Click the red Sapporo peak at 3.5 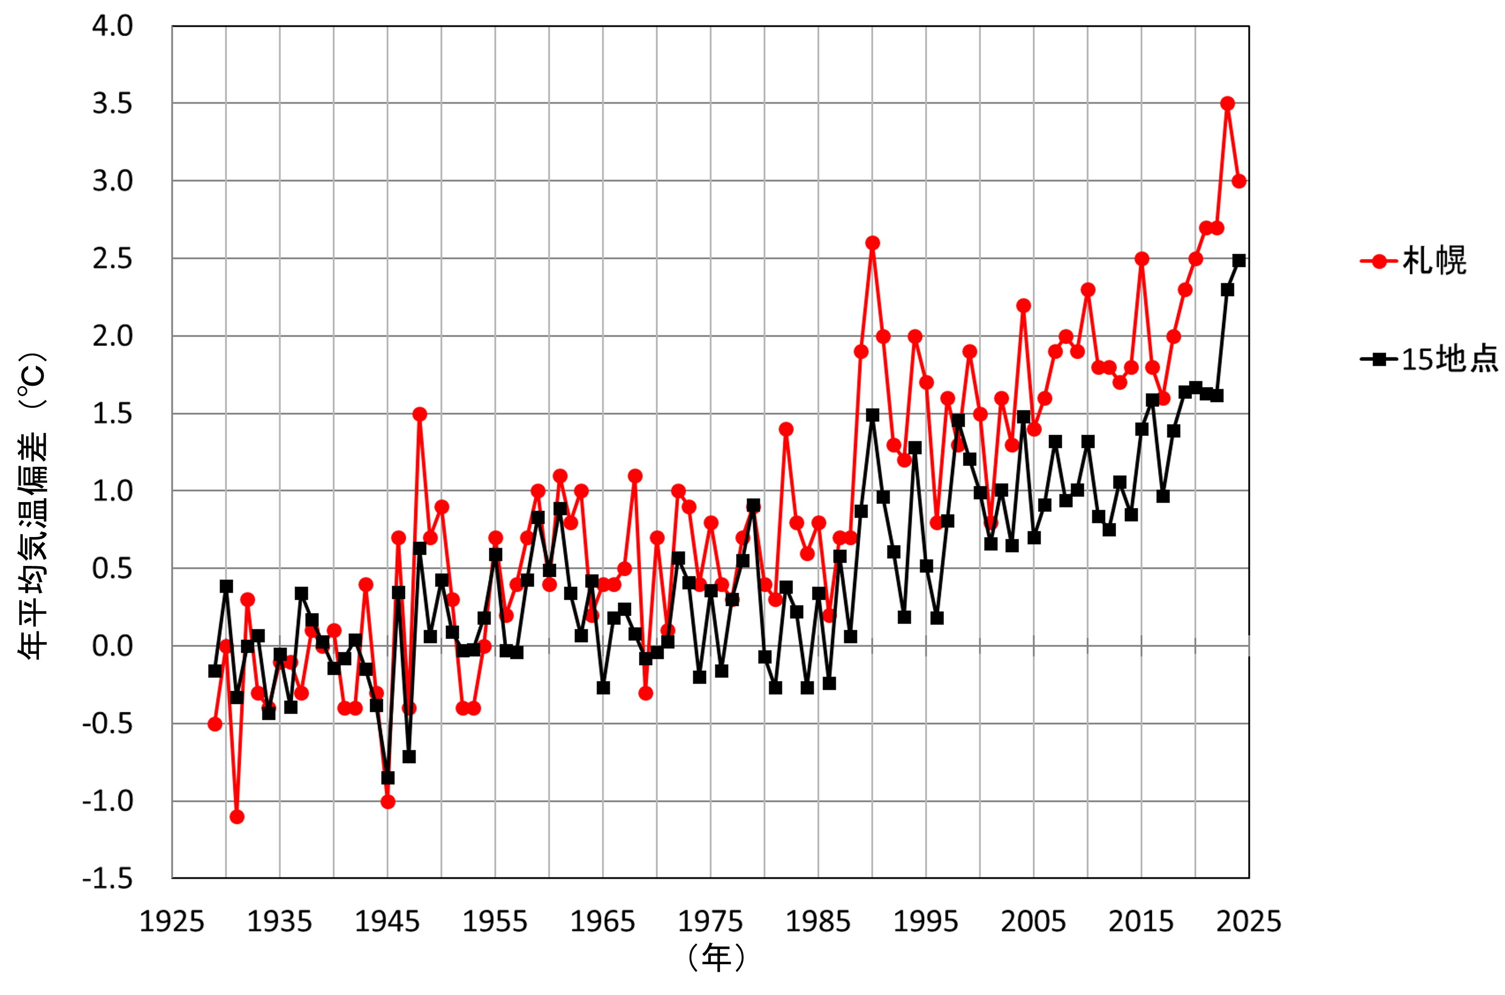[x=1228, y=104]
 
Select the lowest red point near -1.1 [x=237, y=817]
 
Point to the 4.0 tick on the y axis [x=112, y=26]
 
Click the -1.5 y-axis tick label [x=108, y=879]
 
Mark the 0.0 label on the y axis [x=112, y=646]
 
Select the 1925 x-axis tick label [x=172, y=922]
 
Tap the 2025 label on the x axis [x=1249, y=922]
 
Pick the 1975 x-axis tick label [x=710, y=922]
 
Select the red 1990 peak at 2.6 [x=872, y=243]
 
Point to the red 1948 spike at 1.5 [x=419, y=414]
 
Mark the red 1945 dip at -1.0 [x=388, y=802]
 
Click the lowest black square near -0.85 [x=388, y=777]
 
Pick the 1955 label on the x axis [x=495, y=922]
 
